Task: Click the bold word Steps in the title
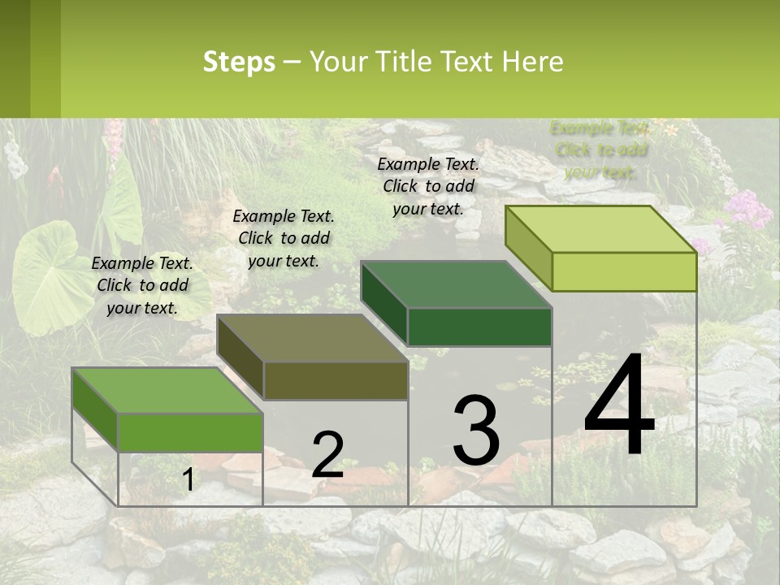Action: tap(239, 62)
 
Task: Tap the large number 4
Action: tap(619, 406)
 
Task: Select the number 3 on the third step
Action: tap(476, 430)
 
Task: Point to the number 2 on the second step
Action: tap(327, 454)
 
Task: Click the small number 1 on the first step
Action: tap(188, 480)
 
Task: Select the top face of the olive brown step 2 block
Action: tap(313, 338)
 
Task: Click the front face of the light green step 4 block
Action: tap(624, 271)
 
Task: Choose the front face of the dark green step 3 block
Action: tap(479, 327)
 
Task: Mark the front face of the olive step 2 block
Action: tap(336, 380)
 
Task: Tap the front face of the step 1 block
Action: tap(190, 432)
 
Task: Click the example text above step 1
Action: tap(142, 285)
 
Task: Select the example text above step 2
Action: tap(284, 238)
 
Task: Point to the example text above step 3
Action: tap(428, 186)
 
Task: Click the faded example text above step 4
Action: tap(600, 149)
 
